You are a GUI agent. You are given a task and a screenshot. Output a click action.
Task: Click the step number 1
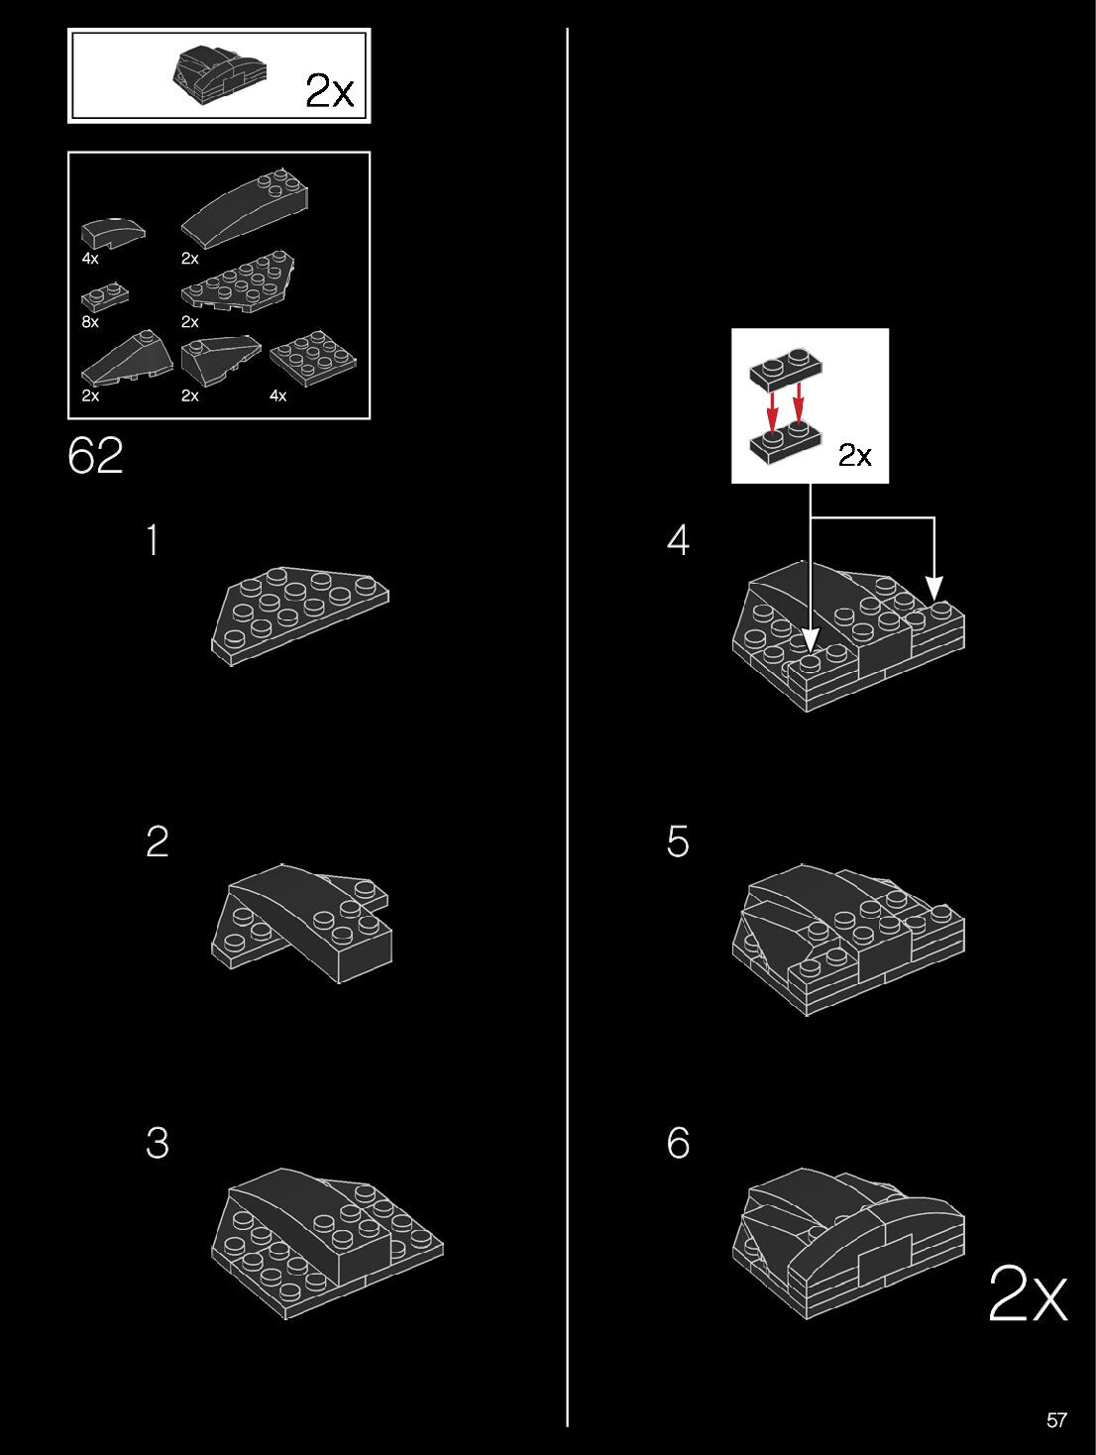pyautogui.click(x=152, y=540)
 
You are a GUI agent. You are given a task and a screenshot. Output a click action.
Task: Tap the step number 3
pyautogui.click(x=157, y=1143)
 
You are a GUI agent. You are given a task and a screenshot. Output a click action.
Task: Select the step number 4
pyautogui.click(x=678, y=540)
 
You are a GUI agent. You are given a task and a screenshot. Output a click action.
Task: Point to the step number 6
pyautogui.click(x=678, y=1143)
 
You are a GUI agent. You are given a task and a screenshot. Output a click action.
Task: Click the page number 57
pyautogui.click(x=1056, y=1420)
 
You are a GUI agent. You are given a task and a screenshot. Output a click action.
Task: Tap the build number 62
pyautogui.click(x=96, y=456)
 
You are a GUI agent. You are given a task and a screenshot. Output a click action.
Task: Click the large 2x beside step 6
pyautogui.click(x=1028, y=1294)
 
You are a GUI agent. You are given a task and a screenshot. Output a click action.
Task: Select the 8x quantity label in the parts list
pyautogui.click(x=90, y=322)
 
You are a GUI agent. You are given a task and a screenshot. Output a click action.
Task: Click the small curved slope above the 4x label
pyautogui.click(x=112, y=232)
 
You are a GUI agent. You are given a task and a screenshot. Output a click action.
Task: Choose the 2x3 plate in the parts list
pyautogui.click(x=312, y=359)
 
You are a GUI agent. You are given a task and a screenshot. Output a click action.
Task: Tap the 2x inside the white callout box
pyautogui.click(x=854, y=455)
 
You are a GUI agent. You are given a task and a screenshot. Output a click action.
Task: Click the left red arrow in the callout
pyautogui.click(x=773, y=409)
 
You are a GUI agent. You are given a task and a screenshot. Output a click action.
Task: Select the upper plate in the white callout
pyautogui.click(x=787, y=369)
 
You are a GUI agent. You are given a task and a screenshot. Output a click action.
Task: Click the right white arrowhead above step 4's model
pyautogui.click(x=933, y=589)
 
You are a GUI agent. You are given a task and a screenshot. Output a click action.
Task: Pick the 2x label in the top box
pyautogui.click(x=329, y=90)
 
